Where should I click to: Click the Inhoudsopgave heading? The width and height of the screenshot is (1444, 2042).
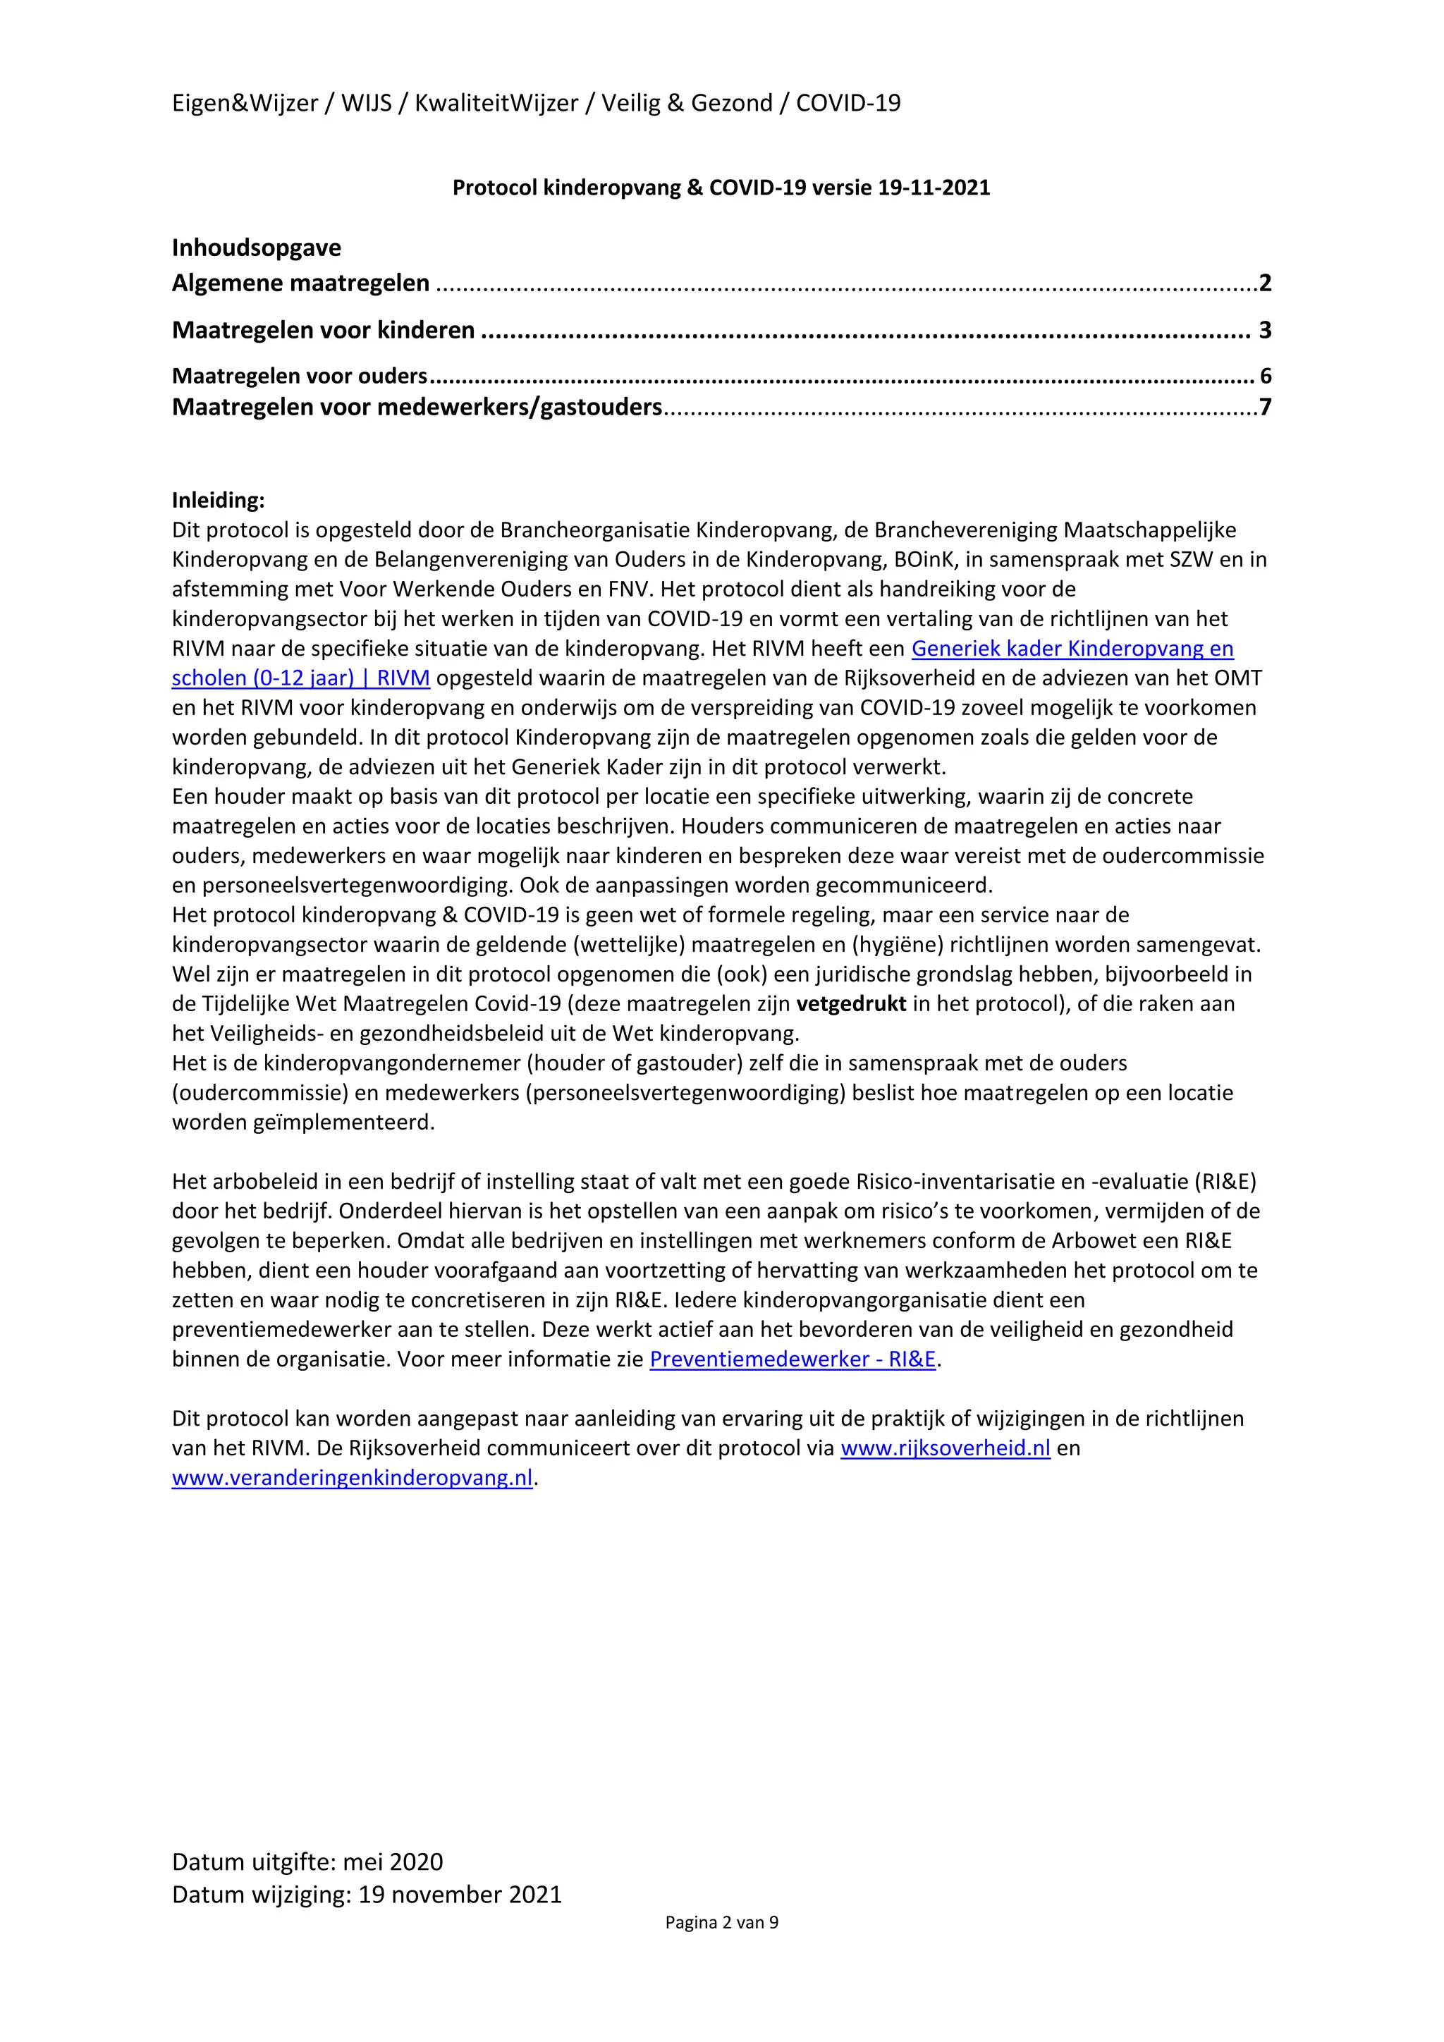pyautogui.click(x=256, y=247)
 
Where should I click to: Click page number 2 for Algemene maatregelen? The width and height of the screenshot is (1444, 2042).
pyautogui.click(x=1264, y=283)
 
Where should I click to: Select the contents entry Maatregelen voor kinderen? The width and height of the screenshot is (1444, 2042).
pyautogui.click(x=323, y=330)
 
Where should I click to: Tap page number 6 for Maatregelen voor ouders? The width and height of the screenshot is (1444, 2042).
pyautogui.click(x=1266, y=377)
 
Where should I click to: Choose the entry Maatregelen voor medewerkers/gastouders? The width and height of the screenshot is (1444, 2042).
pyautogui.click(x=416, y=408)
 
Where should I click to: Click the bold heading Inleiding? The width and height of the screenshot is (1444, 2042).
pyautogui.click(x=218, y=500)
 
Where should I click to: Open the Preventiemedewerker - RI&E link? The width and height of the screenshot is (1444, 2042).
pyautogui.click(x=793, y=1359)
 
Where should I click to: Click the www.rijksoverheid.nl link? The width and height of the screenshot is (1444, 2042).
pyautogui.click(x=946, y=1448)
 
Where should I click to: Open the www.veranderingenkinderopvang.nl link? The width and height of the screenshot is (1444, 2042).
pyautogui.click(x=352, y=1477)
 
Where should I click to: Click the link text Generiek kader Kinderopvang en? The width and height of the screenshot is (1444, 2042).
pyautogui.click(x=1072, y=649)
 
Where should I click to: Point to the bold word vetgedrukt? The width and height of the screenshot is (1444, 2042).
pyautogui.click(x=850, y=1003)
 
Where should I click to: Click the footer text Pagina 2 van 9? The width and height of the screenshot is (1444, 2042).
pyautogui.click(x=721, y=1922)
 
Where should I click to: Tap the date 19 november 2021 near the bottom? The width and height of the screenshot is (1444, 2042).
pyautogui.click(x=460, y=1895)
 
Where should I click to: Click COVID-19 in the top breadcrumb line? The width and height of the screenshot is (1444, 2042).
pyautogui.click(x=848, y=103)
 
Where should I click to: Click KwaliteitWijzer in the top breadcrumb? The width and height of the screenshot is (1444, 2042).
pyautogui.click(x=496, y=103)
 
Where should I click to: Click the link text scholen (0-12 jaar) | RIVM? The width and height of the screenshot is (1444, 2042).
pyautogui.click(x=300, y=678)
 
